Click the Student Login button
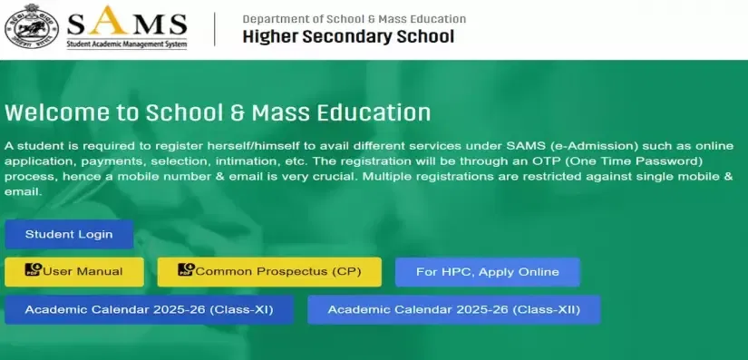click(69, 234)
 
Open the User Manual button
click(74, 272)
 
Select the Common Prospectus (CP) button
click(269, 272)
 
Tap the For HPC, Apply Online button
click(488, 272)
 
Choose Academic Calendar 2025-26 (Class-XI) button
click(149, 309)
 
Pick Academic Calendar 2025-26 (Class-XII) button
click(453, 309)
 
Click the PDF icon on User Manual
click(34, 269)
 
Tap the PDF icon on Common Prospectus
click(186, 269)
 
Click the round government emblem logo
click(32, 28)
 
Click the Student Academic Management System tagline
click(126, 44)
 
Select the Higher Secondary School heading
click(348, 36)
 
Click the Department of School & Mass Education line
click(354, 19)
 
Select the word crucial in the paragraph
click(339, 177)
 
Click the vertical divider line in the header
click(215, 29)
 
